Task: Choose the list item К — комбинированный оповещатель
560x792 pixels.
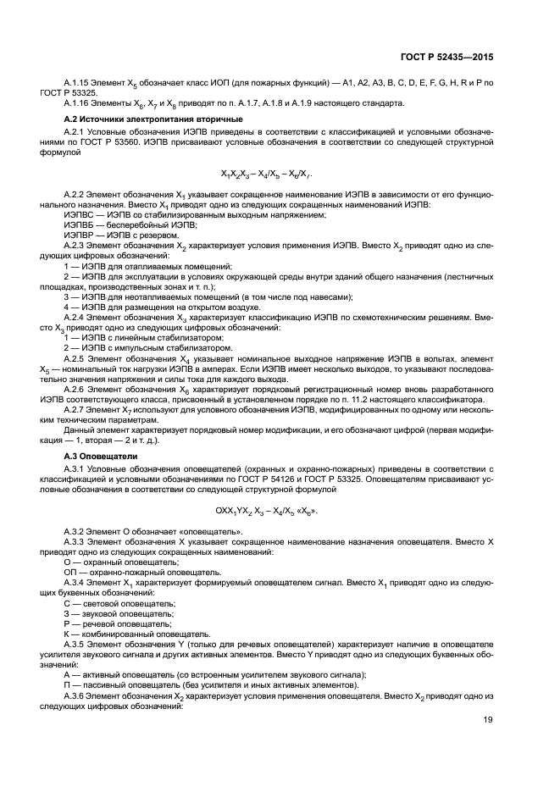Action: tap(136, 633)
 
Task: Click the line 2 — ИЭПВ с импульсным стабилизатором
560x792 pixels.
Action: tap(135, 347)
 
